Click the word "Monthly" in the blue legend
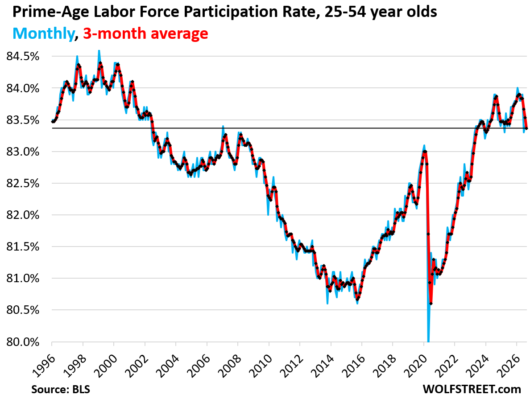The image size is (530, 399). [x=44, y=33]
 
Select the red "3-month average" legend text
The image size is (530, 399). [x=145, y=33]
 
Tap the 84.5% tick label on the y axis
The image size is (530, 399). [x=23, y=57]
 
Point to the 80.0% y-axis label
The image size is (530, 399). [x=23, y=342]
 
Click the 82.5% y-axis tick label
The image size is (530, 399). [x=23, y=184]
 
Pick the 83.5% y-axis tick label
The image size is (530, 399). [x=23, y=120]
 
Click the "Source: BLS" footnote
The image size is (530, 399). [x=61, y=389]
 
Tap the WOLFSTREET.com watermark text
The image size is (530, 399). [x=472, y=389]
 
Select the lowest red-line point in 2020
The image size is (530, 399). [x=431, y=304]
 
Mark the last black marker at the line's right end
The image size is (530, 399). [x=526, y=128]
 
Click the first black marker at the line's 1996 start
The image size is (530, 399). [x=52, y=122]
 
